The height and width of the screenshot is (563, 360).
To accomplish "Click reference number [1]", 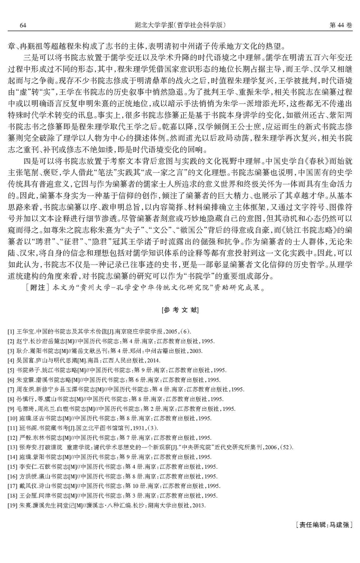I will coord(11,332).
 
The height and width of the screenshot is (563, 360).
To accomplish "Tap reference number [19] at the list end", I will coord(12,505).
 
